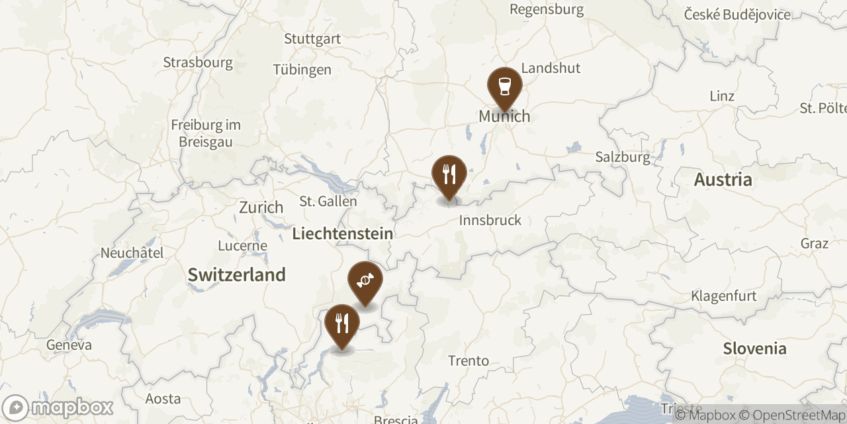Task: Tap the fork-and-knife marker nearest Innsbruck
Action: click(449, 174)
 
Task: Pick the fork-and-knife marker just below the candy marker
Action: click(342, 323)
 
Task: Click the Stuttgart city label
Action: click(312, 38)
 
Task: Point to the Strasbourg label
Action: click(198, 63)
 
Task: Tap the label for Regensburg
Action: click(547, 9)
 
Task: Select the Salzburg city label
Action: click(623, 157)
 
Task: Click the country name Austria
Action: click(723, 180)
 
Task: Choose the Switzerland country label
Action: click(236, 274)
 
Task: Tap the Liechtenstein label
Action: click(342, 233)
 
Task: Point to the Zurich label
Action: click(261, 207)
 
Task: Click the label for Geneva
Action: click(69, 345)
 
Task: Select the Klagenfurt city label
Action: click(723, 295)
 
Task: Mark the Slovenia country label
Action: click(754, 348)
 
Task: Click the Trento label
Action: click(468, 361)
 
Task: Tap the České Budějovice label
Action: click(737, 15)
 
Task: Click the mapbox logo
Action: click(58, 407)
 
